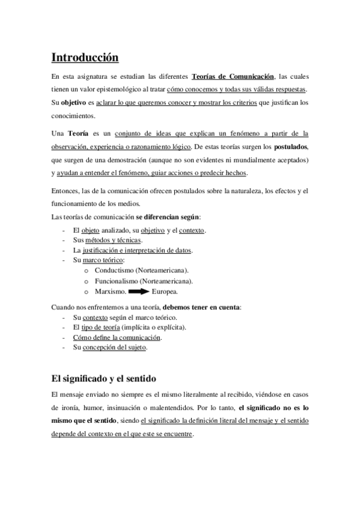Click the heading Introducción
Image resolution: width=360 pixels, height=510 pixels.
tap(85, 58)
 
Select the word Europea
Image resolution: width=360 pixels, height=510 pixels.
tap(165, 292)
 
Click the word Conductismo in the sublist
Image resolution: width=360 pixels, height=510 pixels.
tap(115, 271)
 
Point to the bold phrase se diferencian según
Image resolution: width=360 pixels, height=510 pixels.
tap(168, 217)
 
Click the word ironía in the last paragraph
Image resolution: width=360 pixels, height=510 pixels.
tap(73, 407)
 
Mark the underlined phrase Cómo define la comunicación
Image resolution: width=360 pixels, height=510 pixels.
tap(117, 337)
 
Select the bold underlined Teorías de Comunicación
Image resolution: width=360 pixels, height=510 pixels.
tap(233, 76)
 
